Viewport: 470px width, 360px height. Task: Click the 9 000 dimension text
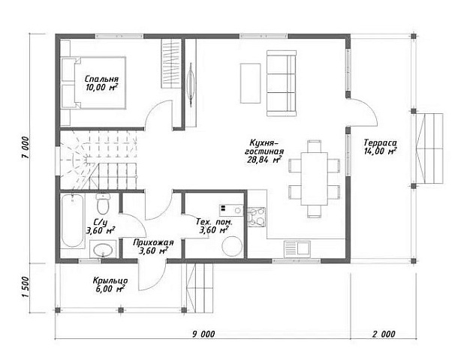tap(203, 334)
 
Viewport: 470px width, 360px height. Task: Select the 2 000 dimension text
tap(384, 334)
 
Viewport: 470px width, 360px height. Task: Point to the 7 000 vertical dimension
tap(26, 147)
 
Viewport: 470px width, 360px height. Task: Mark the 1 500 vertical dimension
tap(26, 287)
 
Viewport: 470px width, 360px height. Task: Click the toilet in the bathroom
tap(103, 202)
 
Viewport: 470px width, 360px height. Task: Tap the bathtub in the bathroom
tap(72, 220)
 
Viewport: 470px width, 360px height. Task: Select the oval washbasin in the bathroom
tap(103, 250)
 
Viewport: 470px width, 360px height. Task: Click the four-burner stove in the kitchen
tap(256, 217)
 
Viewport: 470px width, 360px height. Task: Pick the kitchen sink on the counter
tap(297, 249)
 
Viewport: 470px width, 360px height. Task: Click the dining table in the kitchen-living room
tap(314, 178)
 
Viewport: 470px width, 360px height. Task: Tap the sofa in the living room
tap(282, 83)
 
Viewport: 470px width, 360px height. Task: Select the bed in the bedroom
tap(93, 82)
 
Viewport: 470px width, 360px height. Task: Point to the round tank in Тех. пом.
tap(232, 246)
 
